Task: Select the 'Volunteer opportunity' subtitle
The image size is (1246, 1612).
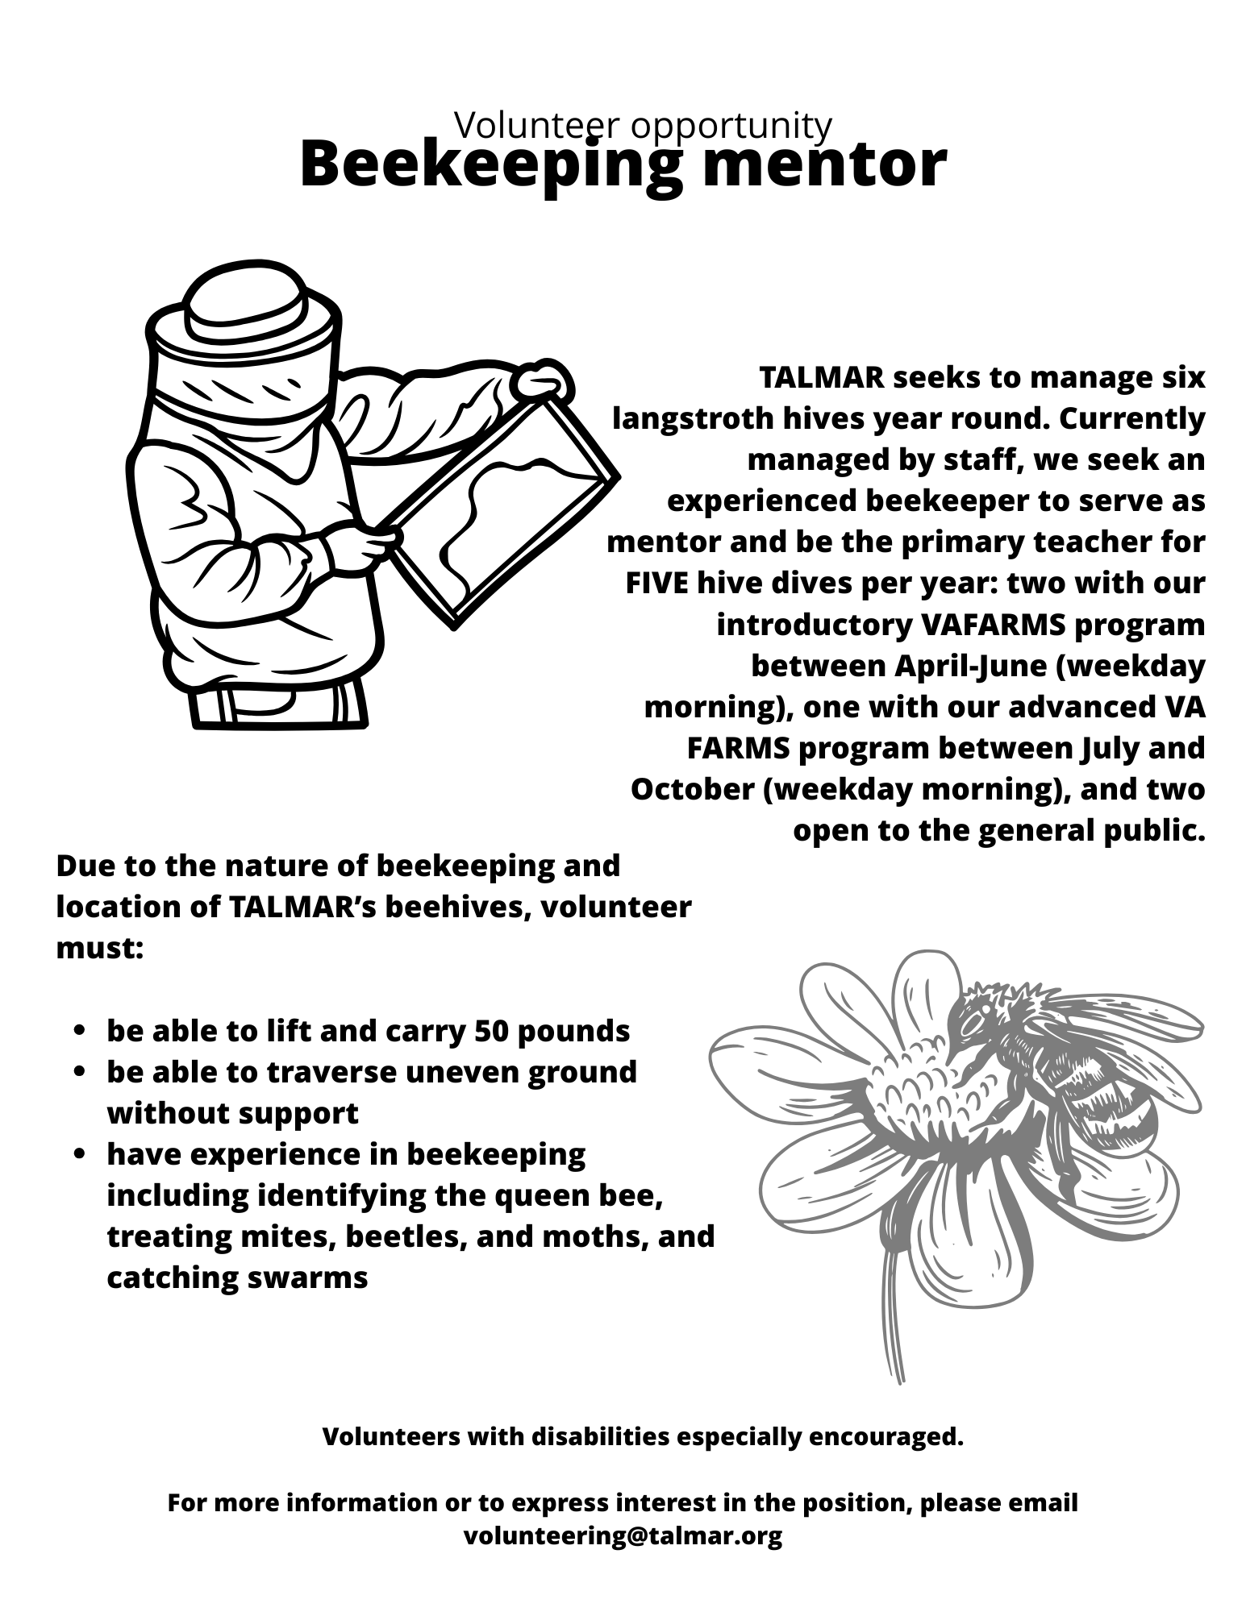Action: click(643, 125)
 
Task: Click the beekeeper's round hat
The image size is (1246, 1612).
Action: click(244, 306)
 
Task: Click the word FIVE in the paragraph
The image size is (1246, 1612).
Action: click(656, 583)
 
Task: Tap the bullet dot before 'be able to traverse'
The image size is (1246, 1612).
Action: click(79, 1073)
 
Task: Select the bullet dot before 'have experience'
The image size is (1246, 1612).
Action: click(79, 1155)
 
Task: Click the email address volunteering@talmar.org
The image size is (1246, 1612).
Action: click(623, 1535)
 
